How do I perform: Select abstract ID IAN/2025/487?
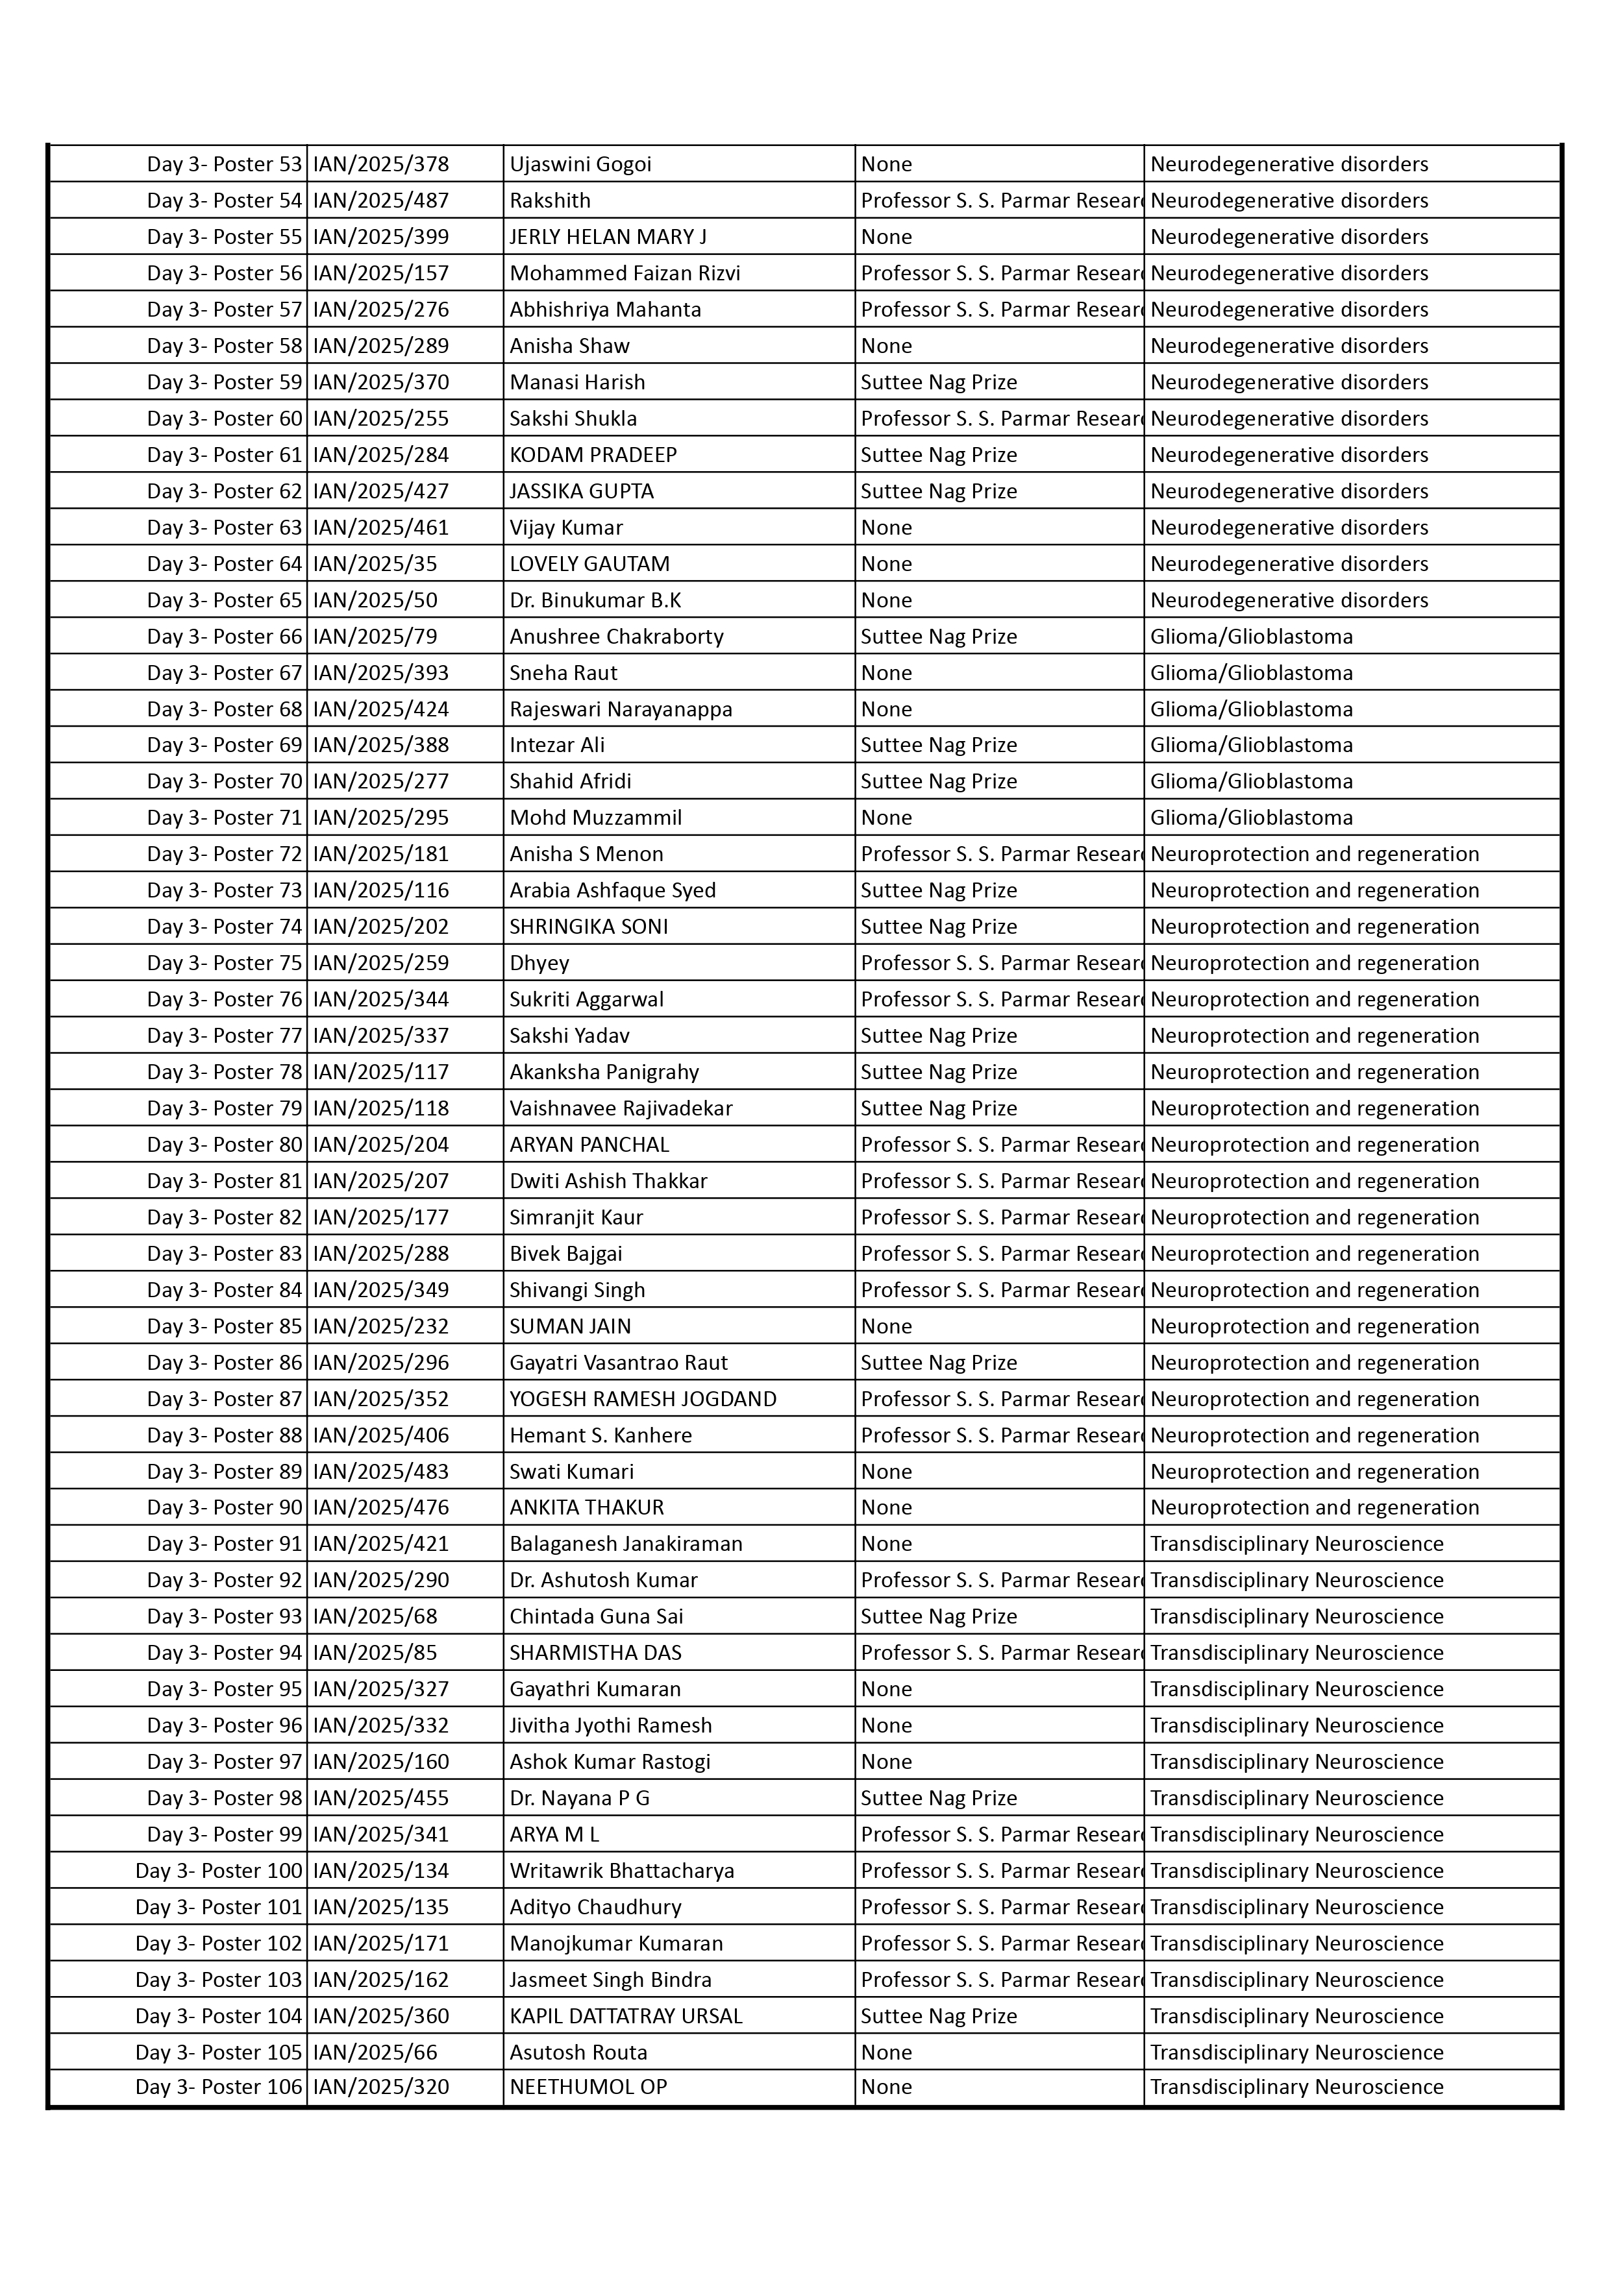click(x=381, y=201)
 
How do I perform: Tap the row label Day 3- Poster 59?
click(x=224, y=382)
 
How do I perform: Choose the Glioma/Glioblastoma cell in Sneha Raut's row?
click(x=1251, y=672)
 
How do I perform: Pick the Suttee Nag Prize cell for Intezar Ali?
click(x=939, y=745)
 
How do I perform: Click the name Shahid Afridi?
click(x=571, y=781)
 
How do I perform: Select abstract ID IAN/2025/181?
click(x=381, y=854)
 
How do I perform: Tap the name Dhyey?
click(x=539, y=963)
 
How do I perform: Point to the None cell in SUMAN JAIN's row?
click(x=886, y=1326)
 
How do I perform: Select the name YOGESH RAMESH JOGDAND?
click(x=643, y=1398)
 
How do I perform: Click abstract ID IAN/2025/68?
click(x=375, y=1616)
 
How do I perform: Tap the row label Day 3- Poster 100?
click(x=218, y=1870)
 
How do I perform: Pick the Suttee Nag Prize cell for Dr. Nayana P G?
click(x=939, y=1798)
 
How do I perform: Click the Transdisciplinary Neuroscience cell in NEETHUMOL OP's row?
click(x=1296, y=2087)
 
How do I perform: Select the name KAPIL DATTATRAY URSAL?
click(x=626, y=2016)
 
